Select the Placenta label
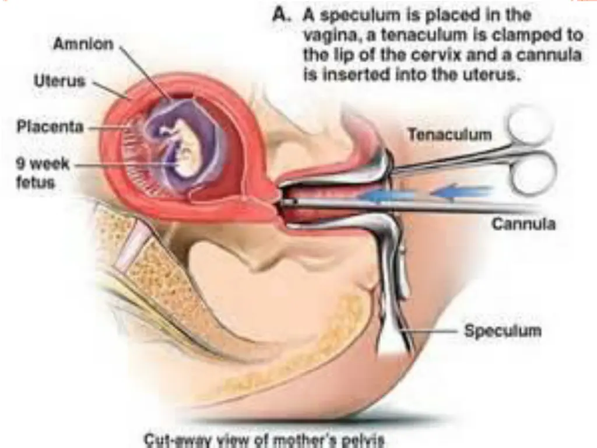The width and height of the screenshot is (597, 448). coord(50,127)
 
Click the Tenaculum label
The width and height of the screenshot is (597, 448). coord(449,135)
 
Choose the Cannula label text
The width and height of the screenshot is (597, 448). coord(524,223)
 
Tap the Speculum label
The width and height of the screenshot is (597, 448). coord(503,331)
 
